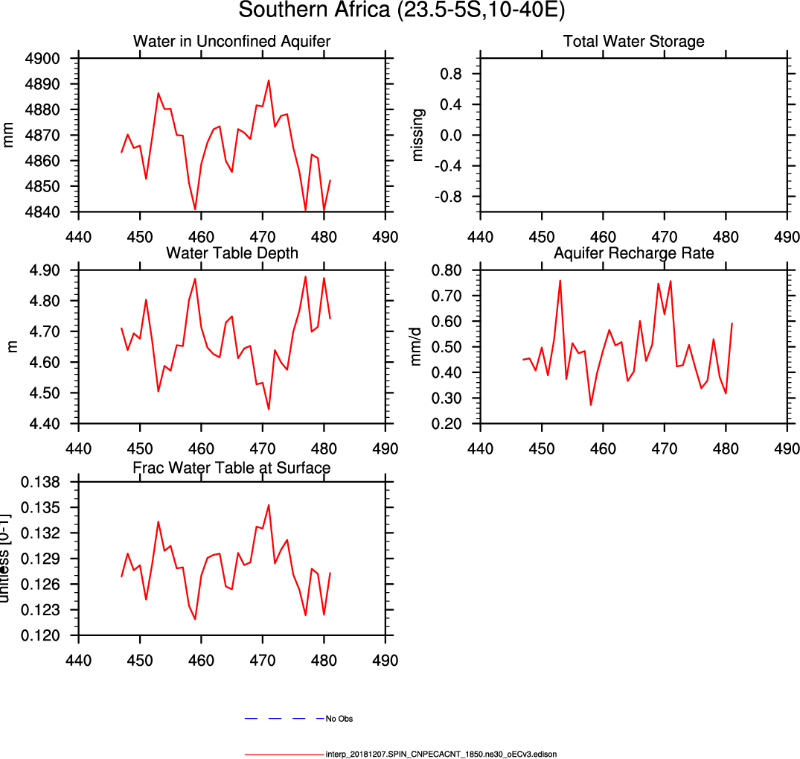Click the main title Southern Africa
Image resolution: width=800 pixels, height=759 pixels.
tap(400, 12)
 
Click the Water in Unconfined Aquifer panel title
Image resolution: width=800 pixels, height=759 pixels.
tap(231, 41)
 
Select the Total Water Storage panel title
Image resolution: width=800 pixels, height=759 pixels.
tap(634, 41)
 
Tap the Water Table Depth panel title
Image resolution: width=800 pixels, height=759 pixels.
tap(231, 253)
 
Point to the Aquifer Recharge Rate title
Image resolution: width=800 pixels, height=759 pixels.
tap(634, 253)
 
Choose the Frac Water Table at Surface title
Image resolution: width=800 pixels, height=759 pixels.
tap(231, 468)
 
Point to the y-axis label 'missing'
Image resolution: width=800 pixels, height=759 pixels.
tap(418, 135)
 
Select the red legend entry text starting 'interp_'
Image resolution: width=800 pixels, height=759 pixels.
tap(441, 754)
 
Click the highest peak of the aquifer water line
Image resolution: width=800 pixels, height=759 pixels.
tap(269, 80)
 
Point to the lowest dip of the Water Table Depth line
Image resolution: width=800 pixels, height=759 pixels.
tap(269, 409)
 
